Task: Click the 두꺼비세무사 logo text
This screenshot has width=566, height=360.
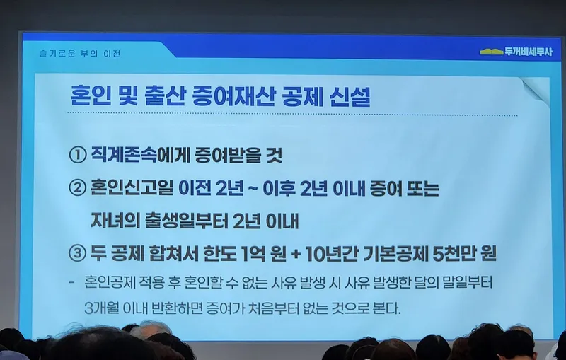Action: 529,52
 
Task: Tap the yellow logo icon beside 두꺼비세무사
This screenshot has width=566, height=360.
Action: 491,52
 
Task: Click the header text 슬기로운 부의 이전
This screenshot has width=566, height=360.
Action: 80,54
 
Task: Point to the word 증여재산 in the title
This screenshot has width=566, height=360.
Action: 231,96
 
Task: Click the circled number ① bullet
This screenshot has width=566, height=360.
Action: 78,155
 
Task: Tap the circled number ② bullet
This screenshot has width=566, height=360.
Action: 78,188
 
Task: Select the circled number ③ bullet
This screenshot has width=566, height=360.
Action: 77,253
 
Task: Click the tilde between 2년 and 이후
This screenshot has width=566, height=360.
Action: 253,189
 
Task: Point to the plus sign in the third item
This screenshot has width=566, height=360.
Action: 295,254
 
